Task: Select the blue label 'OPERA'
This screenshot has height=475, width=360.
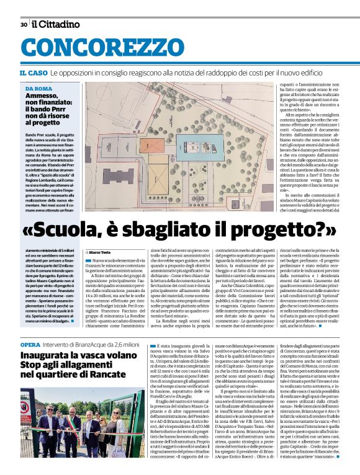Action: coord(30,344)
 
